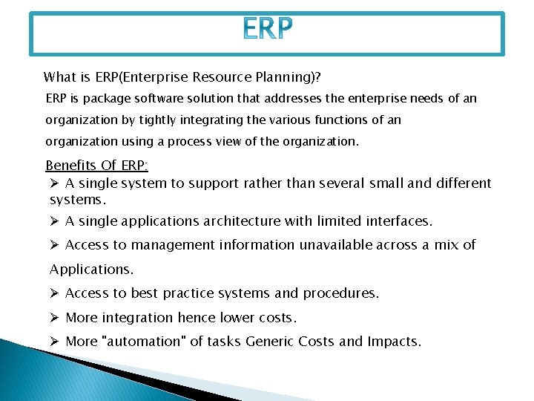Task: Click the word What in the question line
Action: [59, 76]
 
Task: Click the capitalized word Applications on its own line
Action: [91, 269]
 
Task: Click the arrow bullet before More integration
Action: [54, 318]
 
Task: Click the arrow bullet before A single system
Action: [54, 183]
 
